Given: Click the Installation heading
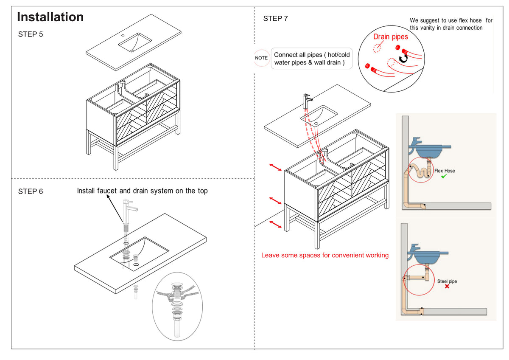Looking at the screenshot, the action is point(50,17).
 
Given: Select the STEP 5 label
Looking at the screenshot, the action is point(31,34).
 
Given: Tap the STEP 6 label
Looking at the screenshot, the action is point(31,191).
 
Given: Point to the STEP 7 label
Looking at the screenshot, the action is point(275,18).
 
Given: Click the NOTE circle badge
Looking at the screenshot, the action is point(261,58).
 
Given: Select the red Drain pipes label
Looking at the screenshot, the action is point(391,37).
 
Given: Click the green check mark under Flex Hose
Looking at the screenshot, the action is point(444,176).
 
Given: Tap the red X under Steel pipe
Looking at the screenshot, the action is point(447,286).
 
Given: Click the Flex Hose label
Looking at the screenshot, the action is point(445,171).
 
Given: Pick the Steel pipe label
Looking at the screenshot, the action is point(447,281).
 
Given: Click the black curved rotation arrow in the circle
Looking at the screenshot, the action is point(403,59).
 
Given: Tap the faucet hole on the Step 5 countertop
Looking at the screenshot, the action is point(123,36).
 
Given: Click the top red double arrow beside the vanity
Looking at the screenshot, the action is point(275,167).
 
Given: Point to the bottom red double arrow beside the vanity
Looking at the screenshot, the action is point(275,224).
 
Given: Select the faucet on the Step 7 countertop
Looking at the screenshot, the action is point(307,101).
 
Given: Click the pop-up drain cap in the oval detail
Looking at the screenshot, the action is point(177,285).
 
